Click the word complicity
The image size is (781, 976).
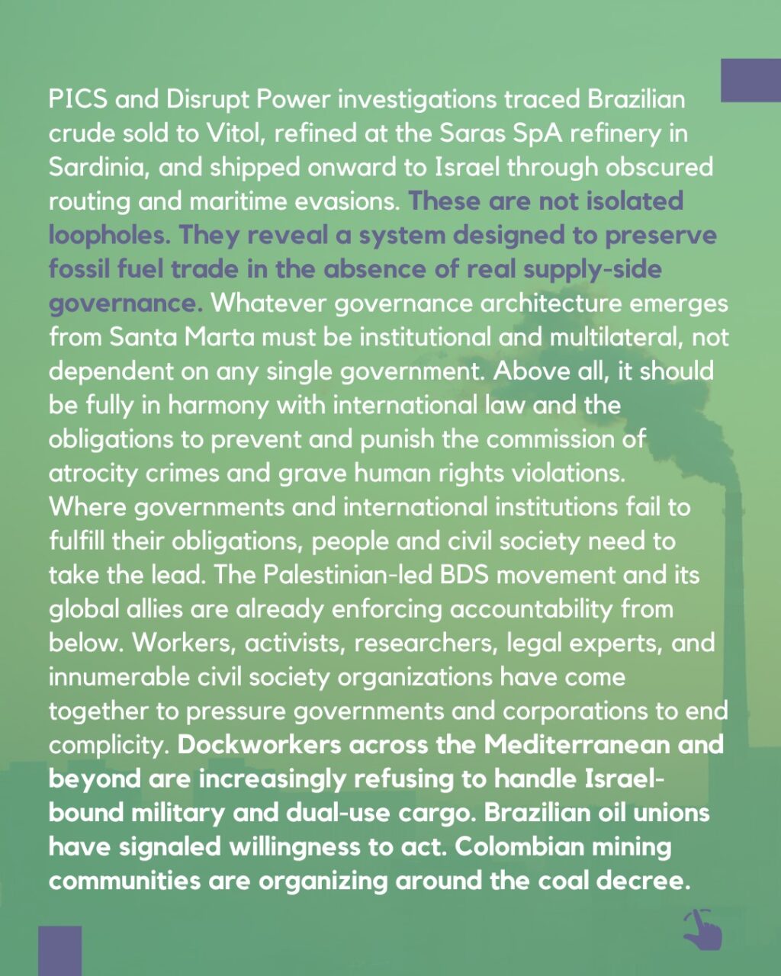click(108, 745)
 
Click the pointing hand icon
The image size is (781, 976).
click(701, 929)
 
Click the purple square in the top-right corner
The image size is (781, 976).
click(750, 80)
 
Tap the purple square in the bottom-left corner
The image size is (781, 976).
click(60, 950)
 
